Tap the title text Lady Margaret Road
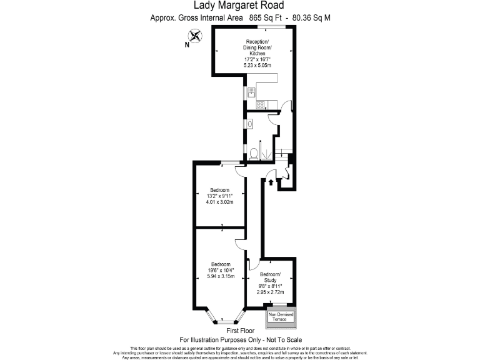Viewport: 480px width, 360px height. [x=240, y=6]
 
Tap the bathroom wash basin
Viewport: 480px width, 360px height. [x=249, y=124]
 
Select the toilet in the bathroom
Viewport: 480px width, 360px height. [x=254, y=152]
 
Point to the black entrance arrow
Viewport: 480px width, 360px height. [x=270, y=182]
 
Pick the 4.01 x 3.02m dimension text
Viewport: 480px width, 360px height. [x=220, y=202]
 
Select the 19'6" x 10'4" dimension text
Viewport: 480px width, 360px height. [x=221, y=270]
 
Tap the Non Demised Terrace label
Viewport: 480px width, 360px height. [x=281, y=317]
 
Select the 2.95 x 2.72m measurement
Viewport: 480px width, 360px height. [x=270, y=292]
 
